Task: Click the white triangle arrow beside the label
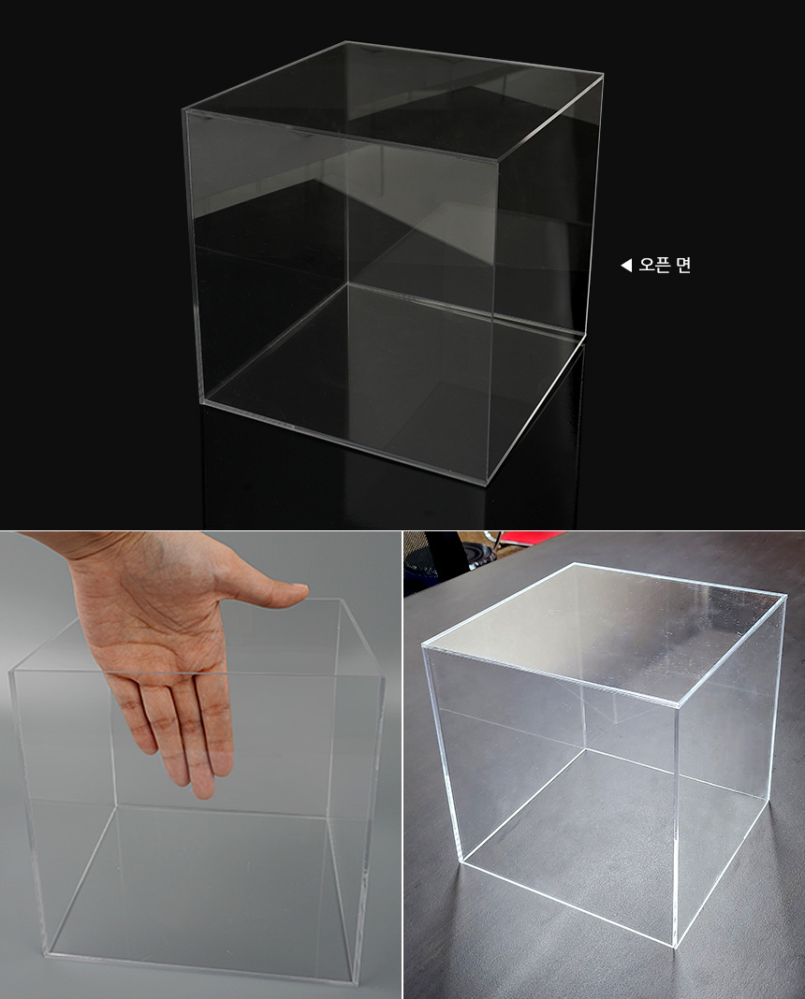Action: [626, 265]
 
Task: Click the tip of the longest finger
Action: [204, 792]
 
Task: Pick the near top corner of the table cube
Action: [678, 704]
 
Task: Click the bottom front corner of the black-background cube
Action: [487, 485]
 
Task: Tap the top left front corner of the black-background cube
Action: [184, 111]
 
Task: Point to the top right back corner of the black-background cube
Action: [602, 75]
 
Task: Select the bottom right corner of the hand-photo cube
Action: [356, 982]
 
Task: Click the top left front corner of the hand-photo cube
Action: [10, 672]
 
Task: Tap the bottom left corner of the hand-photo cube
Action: [46, 953]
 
